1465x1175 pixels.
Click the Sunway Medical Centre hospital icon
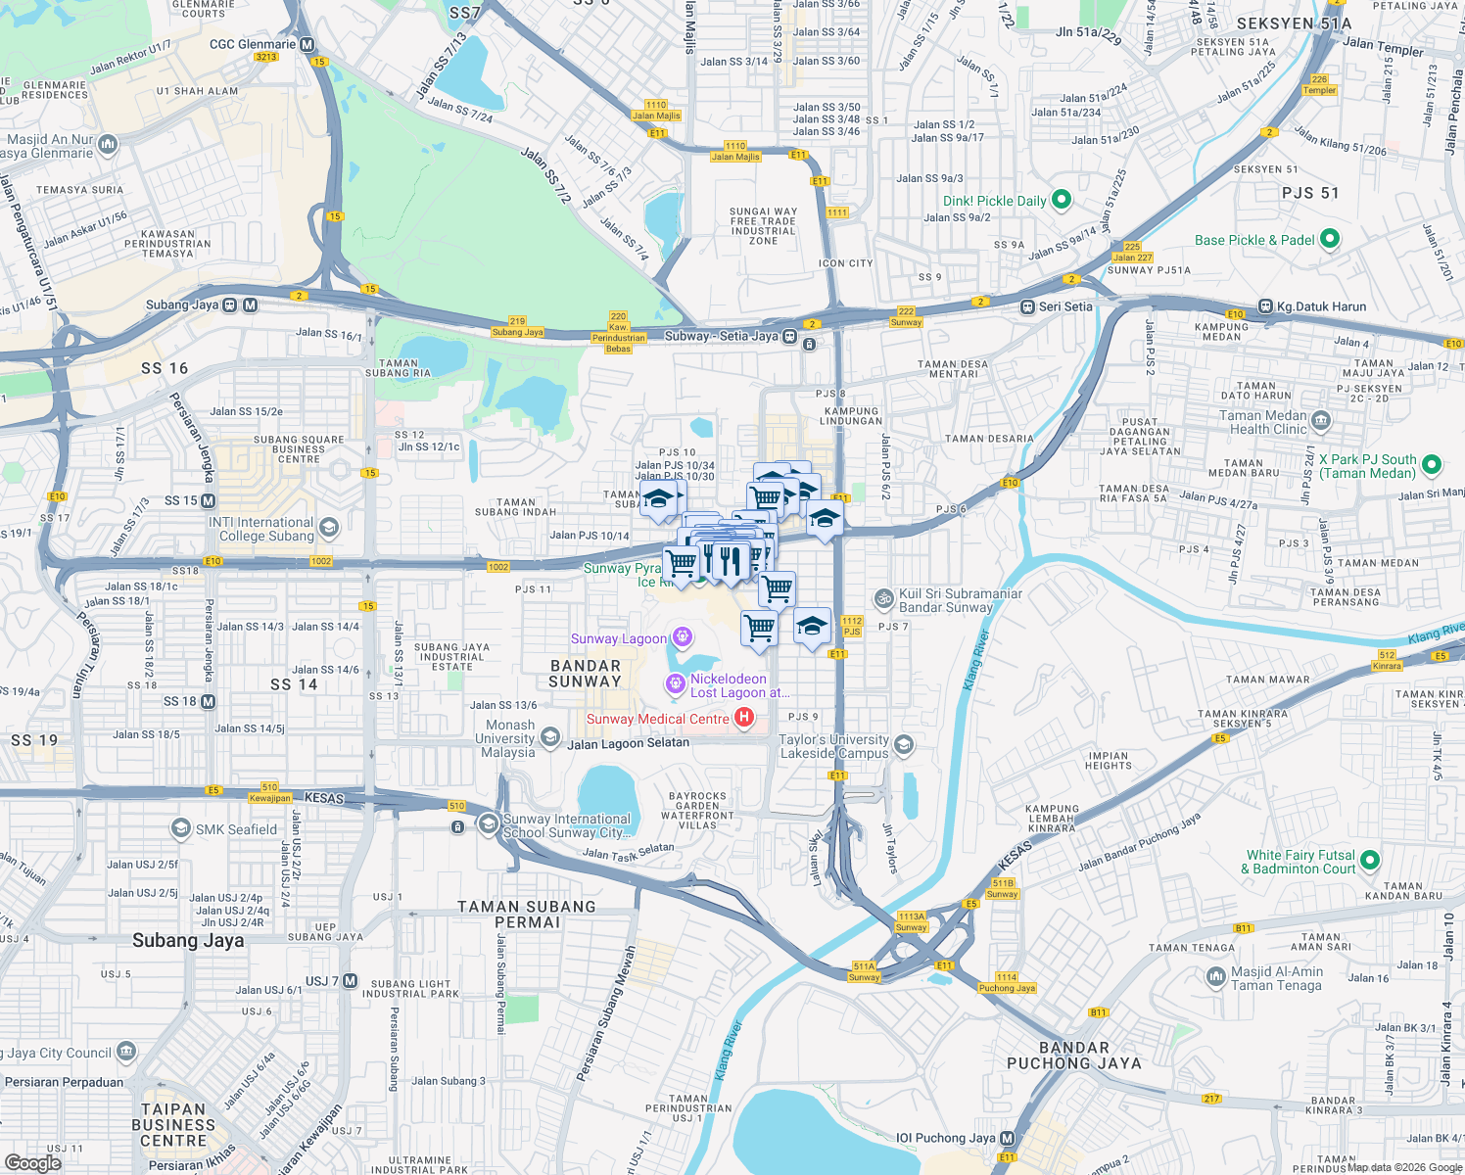tap(744, 719)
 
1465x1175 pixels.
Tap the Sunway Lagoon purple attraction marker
tap(683, 638)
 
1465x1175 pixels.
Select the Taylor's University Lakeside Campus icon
tap(904, 746)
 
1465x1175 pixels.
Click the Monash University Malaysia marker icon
tap(550, 737)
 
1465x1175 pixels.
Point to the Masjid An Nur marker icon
tap(108, 145)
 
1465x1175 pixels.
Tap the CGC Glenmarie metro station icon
tap(307, 44)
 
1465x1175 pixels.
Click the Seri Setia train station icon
tap(1027, 306)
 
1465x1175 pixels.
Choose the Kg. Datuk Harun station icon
tap(1265, 306)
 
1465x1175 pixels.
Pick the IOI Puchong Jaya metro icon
tap(1007, 1138)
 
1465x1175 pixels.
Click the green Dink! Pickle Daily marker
tap(1062, 201)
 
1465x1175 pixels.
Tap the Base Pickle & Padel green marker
tap(1329, 239)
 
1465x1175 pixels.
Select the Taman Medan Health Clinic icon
tap(1320, 422)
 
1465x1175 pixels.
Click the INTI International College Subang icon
tap(329, 529)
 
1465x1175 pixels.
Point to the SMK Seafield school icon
tap(180, 829)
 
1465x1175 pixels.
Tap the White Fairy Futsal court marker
tap(1370, 861)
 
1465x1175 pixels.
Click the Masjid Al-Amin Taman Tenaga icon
tap(1215, 977)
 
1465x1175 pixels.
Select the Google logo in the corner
tap(32, 1162)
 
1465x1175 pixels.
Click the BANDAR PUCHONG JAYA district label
tap(1074, 1056)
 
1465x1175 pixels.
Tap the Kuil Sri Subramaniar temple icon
tap(884, 598)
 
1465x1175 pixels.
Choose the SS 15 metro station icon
tap(208, 500)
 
